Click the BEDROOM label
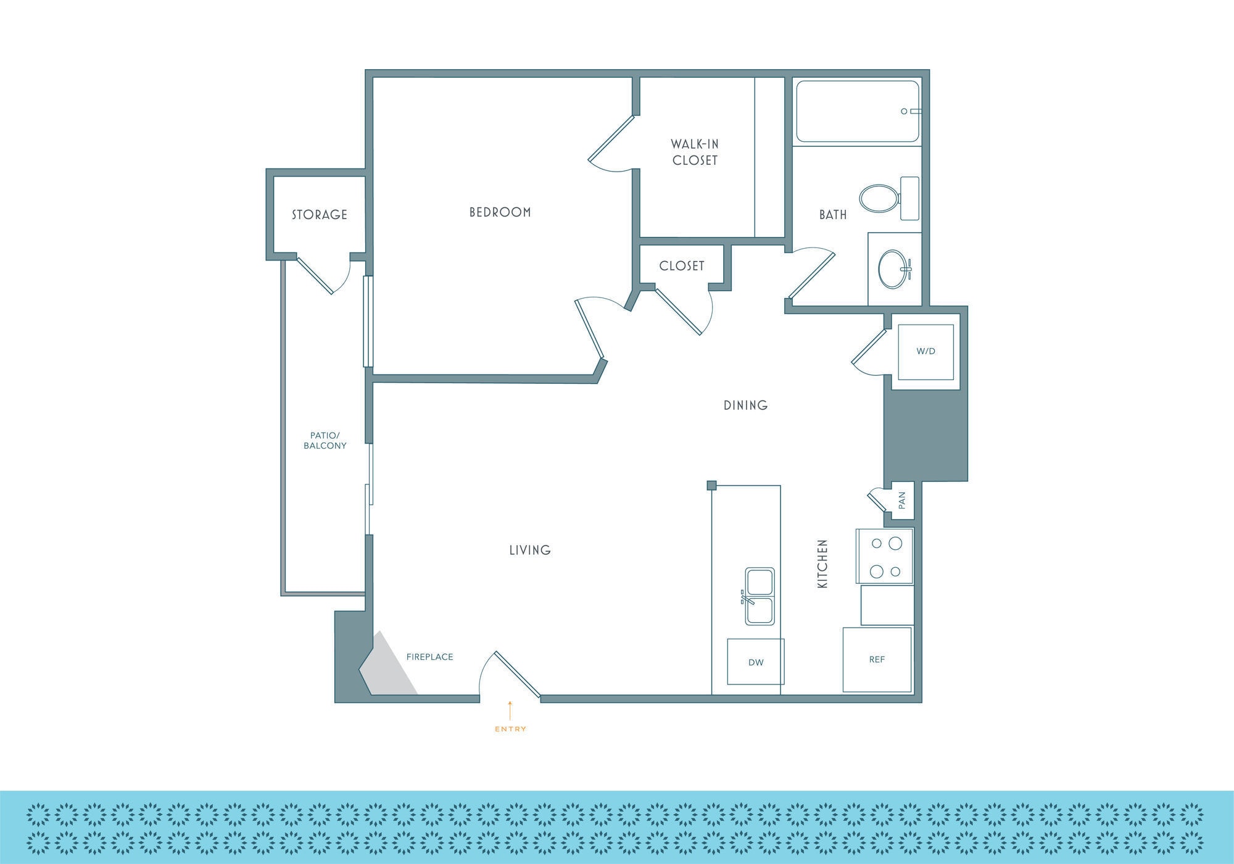pyautogui.click(x=500, y=212)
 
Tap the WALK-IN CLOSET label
pyautogui.click(x=695, y=152)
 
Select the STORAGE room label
pyautogui.click(x=319, y=215)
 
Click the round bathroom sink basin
pyautogui.click(x=892, y=269)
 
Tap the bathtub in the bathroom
pyautogui.click(x=857, y=112)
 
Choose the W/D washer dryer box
pyautogui.click(x=925, y=352)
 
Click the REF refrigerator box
pyautogui.click(x=877, y=660)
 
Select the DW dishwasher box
pyautogui.click(x=755, y=662)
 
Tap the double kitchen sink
pyautogui.click(x=760, y=596)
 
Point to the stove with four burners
pyautogui.click(x=885, y=556)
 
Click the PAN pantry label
pyautogui.click(x=902, y=499)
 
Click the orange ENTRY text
pyautogui.click(x=510, y=729)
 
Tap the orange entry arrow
pyautogui.click(x=510, y=710)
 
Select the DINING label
pyautogui.click(x=745, y=405)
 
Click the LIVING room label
pyautogui.click(x=530, y=550)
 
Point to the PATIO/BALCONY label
pyautogui.click(x=325, y=441)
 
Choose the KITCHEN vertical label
pyautogui.click(x=822, y=563)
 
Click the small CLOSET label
pyautogui.click(x=681, y=266)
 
